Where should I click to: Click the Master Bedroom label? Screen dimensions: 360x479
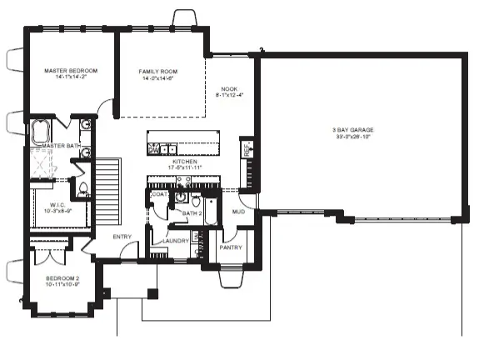tap(71, 72)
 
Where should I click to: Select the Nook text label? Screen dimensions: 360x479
tap(229, 89)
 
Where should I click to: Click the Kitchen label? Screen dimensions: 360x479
tap(185, 162)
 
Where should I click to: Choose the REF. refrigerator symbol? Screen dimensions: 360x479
tap(247, 149)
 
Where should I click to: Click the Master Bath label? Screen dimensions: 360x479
tap(59, 146)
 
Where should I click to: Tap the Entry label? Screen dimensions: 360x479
tap(123, 237)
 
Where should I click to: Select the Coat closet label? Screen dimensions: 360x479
tap(159, 194)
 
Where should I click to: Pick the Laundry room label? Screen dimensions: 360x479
tap(176, 241)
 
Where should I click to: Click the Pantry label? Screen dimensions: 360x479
tap(230, 247)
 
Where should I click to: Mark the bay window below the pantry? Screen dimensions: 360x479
tap(231, 277)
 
